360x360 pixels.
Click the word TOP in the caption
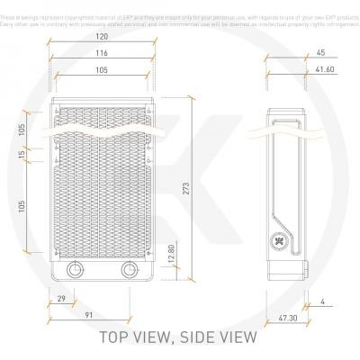(x=121, y=337)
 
